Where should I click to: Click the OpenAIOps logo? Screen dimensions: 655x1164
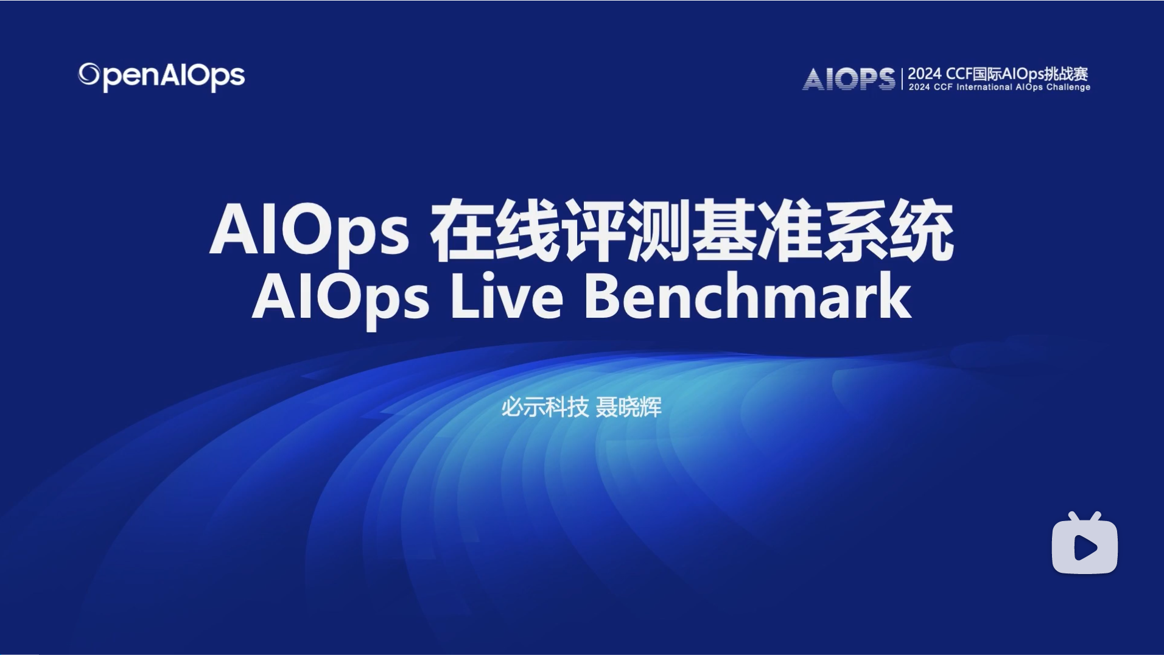(161, 77)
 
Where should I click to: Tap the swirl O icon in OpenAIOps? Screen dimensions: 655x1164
(89, 74)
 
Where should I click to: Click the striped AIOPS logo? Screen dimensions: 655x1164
(849, 79)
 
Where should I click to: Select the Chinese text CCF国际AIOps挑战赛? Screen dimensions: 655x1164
(1008, 74)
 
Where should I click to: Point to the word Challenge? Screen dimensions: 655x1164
(1068, 88)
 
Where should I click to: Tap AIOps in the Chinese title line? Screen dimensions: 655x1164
(309, 231)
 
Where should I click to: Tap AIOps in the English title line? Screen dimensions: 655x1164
(341, 297)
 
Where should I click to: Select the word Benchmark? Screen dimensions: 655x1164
(747, 297)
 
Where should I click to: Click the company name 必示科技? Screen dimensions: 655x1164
(544, 407)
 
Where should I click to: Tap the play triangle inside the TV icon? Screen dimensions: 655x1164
(1085, 548)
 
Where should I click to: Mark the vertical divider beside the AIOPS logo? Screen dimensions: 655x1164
(902, 79)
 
